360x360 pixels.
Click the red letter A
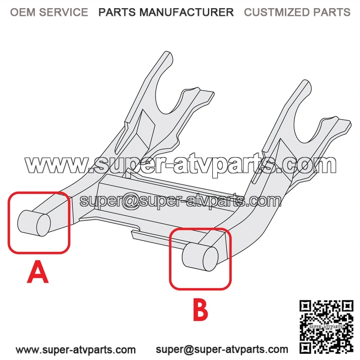(x=38, y=272)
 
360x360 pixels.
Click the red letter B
(x=200, y=309)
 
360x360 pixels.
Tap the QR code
(x=326, y=327)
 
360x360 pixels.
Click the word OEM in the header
(x=23, y=12)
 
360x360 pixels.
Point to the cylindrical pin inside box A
(x=34, y=223)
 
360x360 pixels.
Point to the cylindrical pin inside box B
(x=200, y=256)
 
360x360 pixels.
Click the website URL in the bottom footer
(x=76, y=350)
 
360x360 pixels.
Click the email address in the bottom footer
(x=222, y=350)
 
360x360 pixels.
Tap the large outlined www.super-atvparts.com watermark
(x=180, y=164)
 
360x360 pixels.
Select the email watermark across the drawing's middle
(x=180, y=201)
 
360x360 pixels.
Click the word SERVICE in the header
(x=63, y=12)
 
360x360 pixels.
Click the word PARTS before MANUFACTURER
(x=117, y=12)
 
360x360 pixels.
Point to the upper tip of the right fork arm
(x=306, y=83)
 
